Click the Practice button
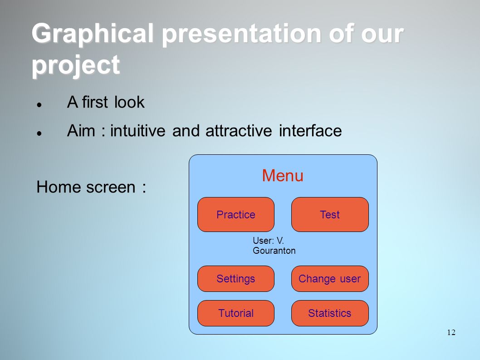coord(236,214)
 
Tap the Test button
coord(330,214)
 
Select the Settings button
coord(236,279)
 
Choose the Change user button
coord(330,279)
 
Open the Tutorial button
coord(236,313)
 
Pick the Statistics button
coord(330,313)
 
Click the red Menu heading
coord(283,176)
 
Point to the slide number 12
coord(451,332)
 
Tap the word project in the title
coord(76,65)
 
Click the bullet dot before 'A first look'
coord(39,104)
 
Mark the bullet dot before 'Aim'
coord(39,133)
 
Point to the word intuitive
coord(138,131)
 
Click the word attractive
coord(239,131)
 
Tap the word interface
coord(310,131)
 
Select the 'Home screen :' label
coord(91,187)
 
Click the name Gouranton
coord(274,251)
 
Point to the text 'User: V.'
coord(268,241)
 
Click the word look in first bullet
coord(129,102)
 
